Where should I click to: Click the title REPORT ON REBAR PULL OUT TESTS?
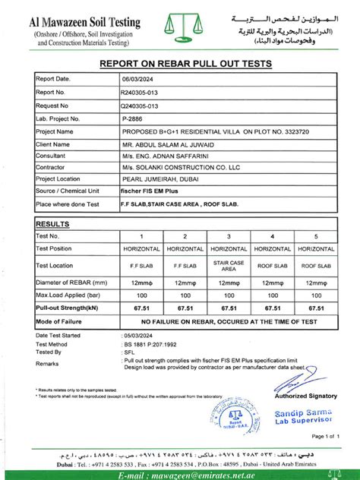pos(179,65)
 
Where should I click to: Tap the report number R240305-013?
pos(141,92)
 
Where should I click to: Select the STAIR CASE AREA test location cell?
pos(229,265)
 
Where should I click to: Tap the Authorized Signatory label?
pos(305,395)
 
